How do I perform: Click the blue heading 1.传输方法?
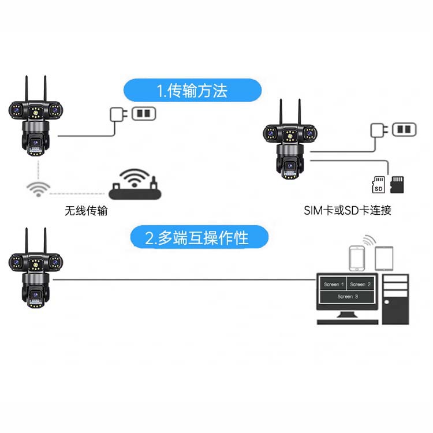point(193,91)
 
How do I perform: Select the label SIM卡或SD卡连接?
point(348,210)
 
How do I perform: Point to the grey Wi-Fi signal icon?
point(39,189)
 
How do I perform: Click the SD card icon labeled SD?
point(379,185)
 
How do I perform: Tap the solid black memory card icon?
point(397,184)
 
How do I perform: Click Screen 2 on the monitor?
point(360,284)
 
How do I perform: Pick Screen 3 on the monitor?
point(348,296)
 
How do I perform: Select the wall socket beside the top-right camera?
point(404,129)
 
